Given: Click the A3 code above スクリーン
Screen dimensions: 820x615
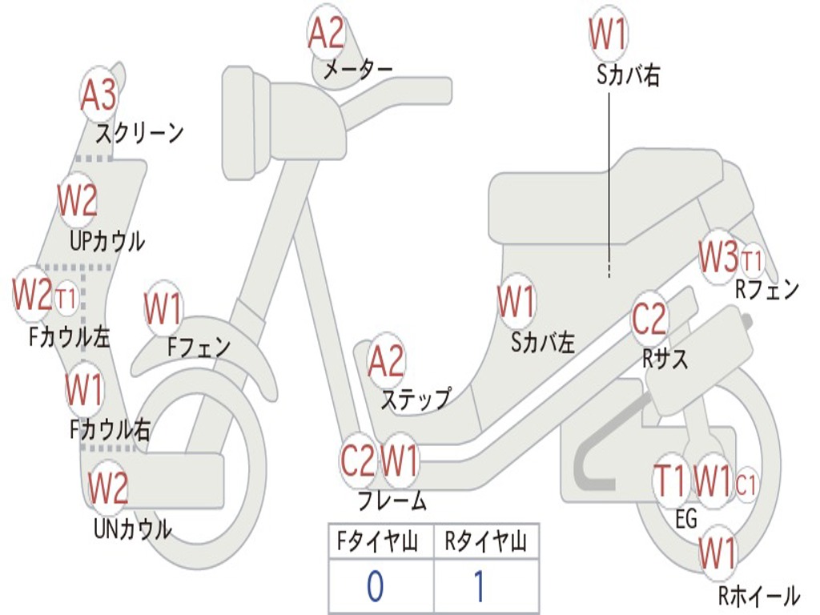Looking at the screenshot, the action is click(98, 95).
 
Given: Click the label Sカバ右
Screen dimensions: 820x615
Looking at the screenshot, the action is click(628, 75).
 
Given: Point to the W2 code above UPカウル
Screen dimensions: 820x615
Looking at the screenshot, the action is click(78, 200).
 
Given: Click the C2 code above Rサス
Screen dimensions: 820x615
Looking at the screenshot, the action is click(649, 319).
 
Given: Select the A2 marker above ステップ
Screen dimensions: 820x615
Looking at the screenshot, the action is click(386, 362).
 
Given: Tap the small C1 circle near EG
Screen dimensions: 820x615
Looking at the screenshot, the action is click(746, 484).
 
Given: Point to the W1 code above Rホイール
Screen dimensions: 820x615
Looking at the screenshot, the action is click(717, 553).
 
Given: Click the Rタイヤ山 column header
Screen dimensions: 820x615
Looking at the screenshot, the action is click(485, 543).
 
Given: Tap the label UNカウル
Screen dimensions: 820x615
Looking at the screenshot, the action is click(132, 529).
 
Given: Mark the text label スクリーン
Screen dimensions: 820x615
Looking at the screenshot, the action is click(140, 133).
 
